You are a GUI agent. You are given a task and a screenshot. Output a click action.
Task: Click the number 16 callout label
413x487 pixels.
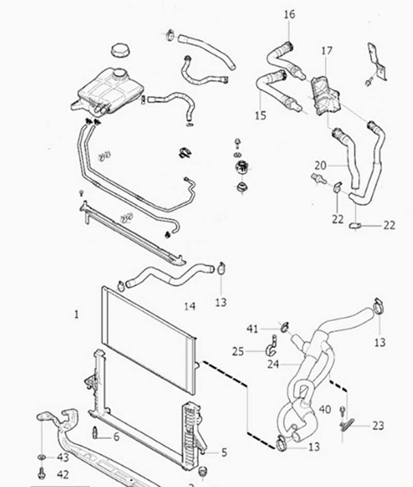tap(289, 14)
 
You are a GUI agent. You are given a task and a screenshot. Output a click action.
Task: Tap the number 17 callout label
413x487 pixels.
tap(326, 51)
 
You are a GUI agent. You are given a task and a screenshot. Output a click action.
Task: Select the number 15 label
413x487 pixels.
tap(261, 115)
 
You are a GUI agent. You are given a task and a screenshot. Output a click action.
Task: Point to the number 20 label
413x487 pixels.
tap(321, 166)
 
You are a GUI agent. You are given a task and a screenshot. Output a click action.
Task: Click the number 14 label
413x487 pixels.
tap(189, 306)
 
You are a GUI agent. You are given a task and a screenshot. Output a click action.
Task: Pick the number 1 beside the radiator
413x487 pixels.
tap(77, 314)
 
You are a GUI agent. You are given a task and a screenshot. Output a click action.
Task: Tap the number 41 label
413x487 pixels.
tap(252, 328)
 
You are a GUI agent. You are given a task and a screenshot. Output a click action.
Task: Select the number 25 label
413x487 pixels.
tap(238, 351)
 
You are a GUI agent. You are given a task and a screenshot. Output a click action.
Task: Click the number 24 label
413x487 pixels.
tap(274, 364)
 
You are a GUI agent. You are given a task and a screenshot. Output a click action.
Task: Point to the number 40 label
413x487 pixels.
tap(325, 410)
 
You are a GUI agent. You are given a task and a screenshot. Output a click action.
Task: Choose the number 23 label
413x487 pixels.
tap(378, 426)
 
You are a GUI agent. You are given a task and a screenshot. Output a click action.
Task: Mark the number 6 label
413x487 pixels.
tap(116, 437)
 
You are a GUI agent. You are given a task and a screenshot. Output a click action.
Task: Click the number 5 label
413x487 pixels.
tap(224, 452)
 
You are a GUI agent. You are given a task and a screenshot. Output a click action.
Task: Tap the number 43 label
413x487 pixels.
tap(62, 458)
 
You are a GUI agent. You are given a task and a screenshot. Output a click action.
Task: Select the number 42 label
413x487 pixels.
tap(62, 474)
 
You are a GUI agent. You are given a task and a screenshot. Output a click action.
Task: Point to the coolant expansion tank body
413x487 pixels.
tap(106, 90)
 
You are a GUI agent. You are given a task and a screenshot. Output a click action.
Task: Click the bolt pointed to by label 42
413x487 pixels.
tap(41, 472)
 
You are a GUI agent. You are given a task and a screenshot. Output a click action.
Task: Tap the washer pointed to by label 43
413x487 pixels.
tap(41, 458)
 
